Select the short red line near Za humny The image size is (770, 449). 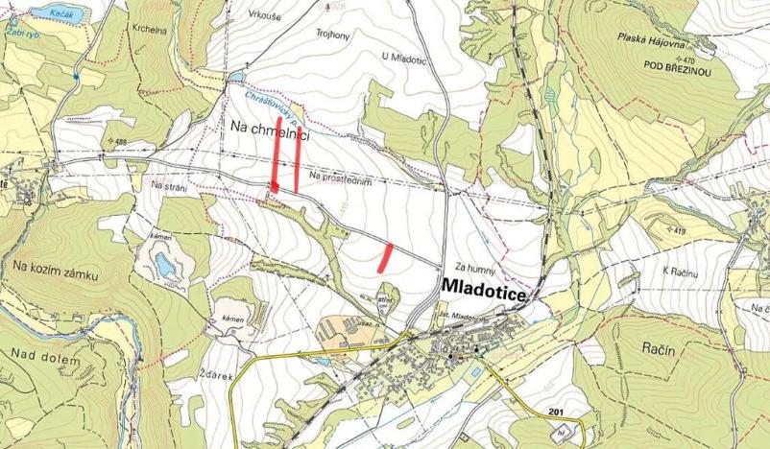(386, 255)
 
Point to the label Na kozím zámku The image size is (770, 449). (57, 273)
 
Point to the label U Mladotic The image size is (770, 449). (403, 57)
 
